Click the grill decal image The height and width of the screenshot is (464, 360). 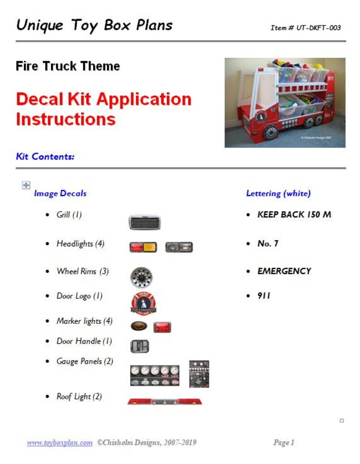click(145, 222)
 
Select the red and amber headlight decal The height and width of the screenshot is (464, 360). click(143, 247)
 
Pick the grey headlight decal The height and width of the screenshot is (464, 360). click(179, 247)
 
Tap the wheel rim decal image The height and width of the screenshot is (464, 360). click(141, 277)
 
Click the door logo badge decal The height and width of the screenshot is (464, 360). click(143, 303)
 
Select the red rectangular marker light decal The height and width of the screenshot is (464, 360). click(162, 327)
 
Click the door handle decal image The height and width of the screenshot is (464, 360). click(140, 346)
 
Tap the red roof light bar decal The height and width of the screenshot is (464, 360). click(165, 401)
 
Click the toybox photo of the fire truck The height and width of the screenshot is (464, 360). click(285, 102)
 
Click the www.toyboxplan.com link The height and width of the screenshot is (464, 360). click(60, 443)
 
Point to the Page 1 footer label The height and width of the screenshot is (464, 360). click(284, 442)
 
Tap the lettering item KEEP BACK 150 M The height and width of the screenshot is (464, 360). click(294, 214)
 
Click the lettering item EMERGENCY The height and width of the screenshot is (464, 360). click(284, 271)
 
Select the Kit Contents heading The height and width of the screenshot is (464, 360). click(45, 157)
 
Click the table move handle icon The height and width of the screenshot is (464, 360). click(26, 185)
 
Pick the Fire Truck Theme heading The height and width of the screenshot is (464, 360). click(68, 66)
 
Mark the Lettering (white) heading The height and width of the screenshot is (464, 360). click(278, 193)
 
